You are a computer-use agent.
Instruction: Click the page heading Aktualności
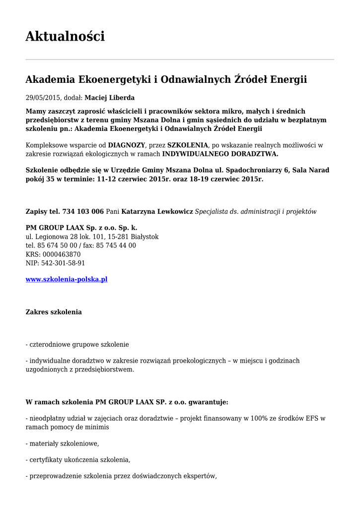[x=65, y=36]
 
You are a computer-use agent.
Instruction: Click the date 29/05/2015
[x=43, y=98]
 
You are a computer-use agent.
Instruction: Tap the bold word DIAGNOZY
[x=127, y=145]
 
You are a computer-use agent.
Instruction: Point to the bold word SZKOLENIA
[x=189, y=145]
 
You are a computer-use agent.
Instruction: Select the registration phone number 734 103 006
[x=83, y=211]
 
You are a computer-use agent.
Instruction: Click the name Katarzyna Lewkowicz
[x=157, y=211]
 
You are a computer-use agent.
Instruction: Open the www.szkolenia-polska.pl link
[x=67, y=279]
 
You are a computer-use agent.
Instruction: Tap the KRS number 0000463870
[x=62, y=254]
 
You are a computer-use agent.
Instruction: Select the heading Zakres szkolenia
[x=54, y=312]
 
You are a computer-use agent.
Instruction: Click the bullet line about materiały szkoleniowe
[x=62, y=443]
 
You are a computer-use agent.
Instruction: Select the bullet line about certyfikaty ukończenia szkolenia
[x=78, y=459]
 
